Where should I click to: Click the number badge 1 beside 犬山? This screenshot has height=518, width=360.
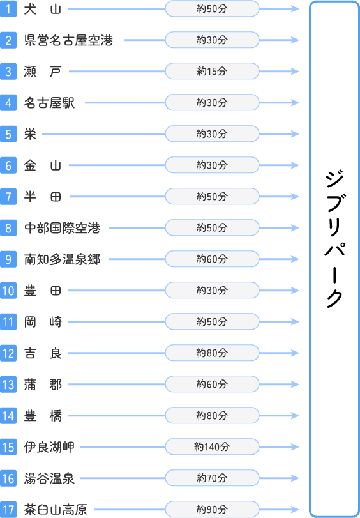point(8,9)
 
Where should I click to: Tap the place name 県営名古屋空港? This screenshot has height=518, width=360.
point(69,40)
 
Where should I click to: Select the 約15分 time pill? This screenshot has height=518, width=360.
point(212,72)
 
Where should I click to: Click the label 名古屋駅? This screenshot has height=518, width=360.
point(49,103)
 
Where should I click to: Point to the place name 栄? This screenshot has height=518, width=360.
point(30,134)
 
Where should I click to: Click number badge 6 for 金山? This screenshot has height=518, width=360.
point(8,165)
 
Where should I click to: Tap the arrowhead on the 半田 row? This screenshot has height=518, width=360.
point(296,197)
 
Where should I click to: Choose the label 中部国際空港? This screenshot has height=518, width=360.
point(62,228)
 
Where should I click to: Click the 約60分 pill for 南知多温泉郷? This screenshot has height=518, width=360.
point(212,259)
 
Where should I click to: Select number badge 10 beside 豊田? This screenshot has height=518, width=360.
point(8,291)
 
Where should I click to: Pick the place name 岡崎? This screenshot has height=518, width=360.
point(43,322)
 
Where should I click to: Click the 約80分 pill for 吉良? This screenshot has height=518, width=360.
point(212,353)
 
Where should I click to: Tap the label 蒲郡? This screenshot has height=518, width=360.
point(43,385)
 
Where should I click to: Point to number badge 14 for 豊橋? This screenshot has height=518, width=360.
point(8,416)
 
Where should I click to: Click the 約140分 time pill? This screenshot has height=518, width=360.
point(212,447)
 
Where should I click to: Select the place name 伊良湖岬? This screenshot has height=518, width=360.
point(49,447)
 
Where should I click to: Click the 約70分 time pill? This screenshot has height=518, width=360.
point(212,478)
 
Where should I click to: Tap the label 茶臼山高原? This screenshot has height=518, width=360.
point(56,510)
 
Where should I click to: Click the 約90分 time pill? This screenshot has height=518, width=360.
point(212,510)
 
